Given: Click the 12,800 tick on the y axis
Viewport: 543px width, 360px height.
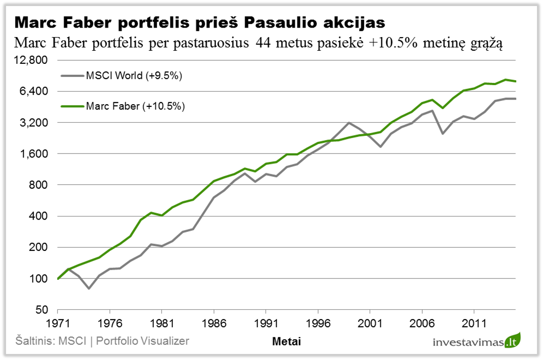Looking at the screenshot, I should point(34,60).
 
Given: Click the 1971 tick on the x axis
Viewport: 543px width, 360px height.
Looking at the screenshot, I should point(58,325).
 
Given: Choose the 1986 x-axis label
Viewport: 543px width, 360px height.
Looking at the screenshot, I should point(214,325).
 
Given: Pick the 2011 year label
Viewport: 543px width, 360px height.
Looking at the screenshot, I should point(474,325).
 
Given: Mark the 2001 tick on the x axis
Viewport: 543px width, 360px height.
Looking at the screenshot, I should point(370,325).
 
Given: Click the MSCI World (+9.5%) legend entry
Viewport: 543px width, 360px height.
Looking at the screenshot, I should point(134,76).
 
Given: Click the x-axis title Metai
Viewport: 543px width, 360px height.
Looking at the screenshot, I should point(286,341).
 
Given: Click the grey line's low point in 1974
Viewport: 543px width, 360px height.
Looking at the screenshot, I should point(89,288).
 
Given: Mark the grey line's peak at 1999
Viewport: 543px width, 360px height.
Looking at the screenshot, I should point(349,123).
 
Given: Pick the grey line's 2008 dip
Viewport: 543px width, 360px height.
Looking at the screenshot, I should point(443,134).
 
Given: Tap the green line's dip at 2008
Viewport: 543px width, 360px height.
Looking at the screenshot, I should point(443,108).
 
